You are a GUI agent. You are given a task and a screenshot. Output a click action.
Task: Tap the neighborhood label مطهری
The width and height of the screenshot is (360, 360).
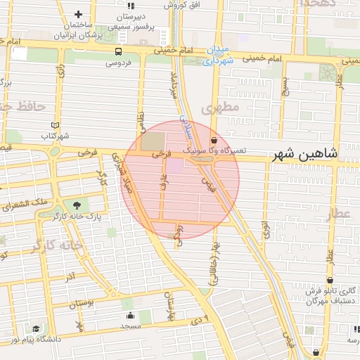click(x=220, y=108)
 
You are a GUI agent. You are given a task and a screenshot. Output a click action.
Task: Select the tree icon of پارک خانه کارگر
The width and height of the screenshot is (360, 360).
click(x=76, y=205)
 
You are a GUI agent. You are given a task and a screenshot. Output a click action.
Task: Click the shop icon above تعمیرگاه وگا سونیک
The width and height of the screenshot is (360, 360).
click(x=214, y=141)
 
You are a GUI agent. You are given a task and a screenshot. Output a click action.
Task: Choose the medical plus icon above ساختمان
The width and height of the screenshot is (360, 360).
click(x=77, y=14)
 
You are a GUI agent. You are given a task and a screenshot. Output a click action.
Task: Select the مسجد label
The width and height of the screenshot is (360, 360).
click(x=130, y=326)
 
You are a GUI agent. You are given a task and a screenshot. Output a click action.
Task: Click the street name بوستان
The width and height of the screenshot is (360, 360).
click(x=81, y=303)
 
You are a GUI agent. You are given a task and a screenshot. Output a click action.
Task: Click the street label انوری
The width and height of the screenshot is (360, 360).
click(x=266, y=230)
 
